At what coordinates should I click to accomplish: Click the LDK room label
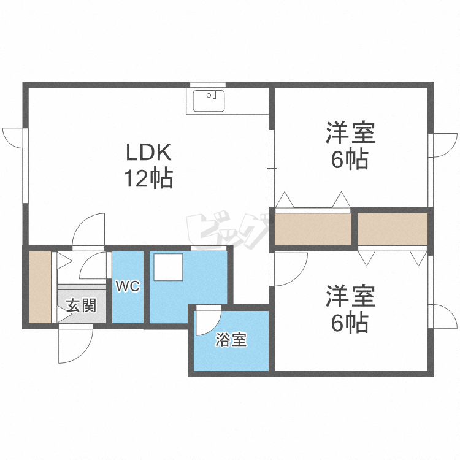pyautogui.click(x=148, y=152)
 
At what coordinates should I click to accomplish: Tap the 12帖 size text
pyautogui.click(x=148, y=178)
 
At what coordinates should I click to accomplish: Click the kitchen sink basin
pyautogui.click(x=209, y=101)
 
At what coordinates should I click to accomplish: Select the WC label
pyautogui.click(x=128, y=286)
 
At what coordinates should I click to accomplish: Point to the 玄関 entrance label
pyautogui.click(x=81, y=306)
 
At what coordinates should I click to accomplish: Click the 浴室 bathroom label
pyautogui.click(x=231, y=339)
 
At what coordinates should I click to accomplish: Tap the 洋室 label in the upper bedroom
pyautogui.click(x=351, y=132)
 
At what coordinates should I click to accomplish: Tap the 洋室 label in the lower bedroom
pyautogui.click(x=351, y=296)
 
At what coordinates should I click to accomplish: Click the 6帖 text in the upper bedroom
pyautogui.click(x=350, y=159)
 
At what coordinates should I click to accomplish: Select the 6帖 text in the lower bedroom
pyautogui.click(x=350, y=323)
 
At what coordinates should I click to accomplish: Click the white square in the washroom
pyautogui.click(x=169, y=267)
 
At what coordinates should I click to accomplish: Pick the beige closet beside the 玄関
pyautogui.click(x=40, y=287)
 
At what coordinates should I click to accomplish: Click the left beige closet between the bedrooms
pyautogui.click(x=313, y=229)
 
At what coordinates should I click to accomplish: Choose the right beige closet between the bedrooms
pyautogui.click(x=393, y=229)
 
